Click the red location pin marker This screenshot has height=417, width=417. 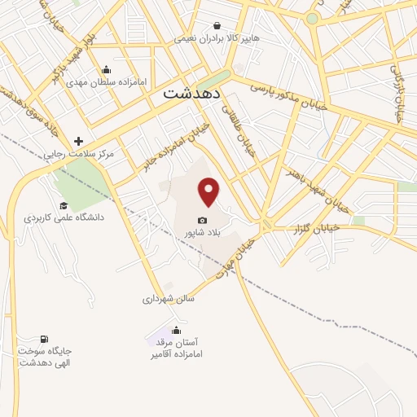209,191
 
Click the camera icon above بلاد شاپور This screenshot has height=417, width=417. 202,221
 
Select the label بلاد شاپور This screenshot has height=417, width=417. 202,234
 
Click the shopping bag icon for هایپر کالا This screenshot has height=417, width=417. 217,26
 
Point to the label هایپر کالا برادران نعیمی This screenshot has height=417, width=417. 216,39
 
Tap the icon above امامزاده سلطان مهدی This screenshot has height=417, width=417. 106,69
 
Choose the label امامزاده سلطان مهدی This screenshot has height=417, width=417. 106,82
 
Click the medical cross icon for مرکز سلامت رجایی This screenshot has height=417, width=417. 79,142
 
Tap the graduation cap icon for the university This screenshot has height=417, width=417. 64,205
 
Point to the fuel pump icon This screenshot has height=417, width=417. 44,338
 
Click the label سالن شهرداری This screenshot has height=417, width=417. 169,298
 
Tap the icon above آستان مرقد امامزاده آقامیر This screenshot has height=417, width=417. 176,330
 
